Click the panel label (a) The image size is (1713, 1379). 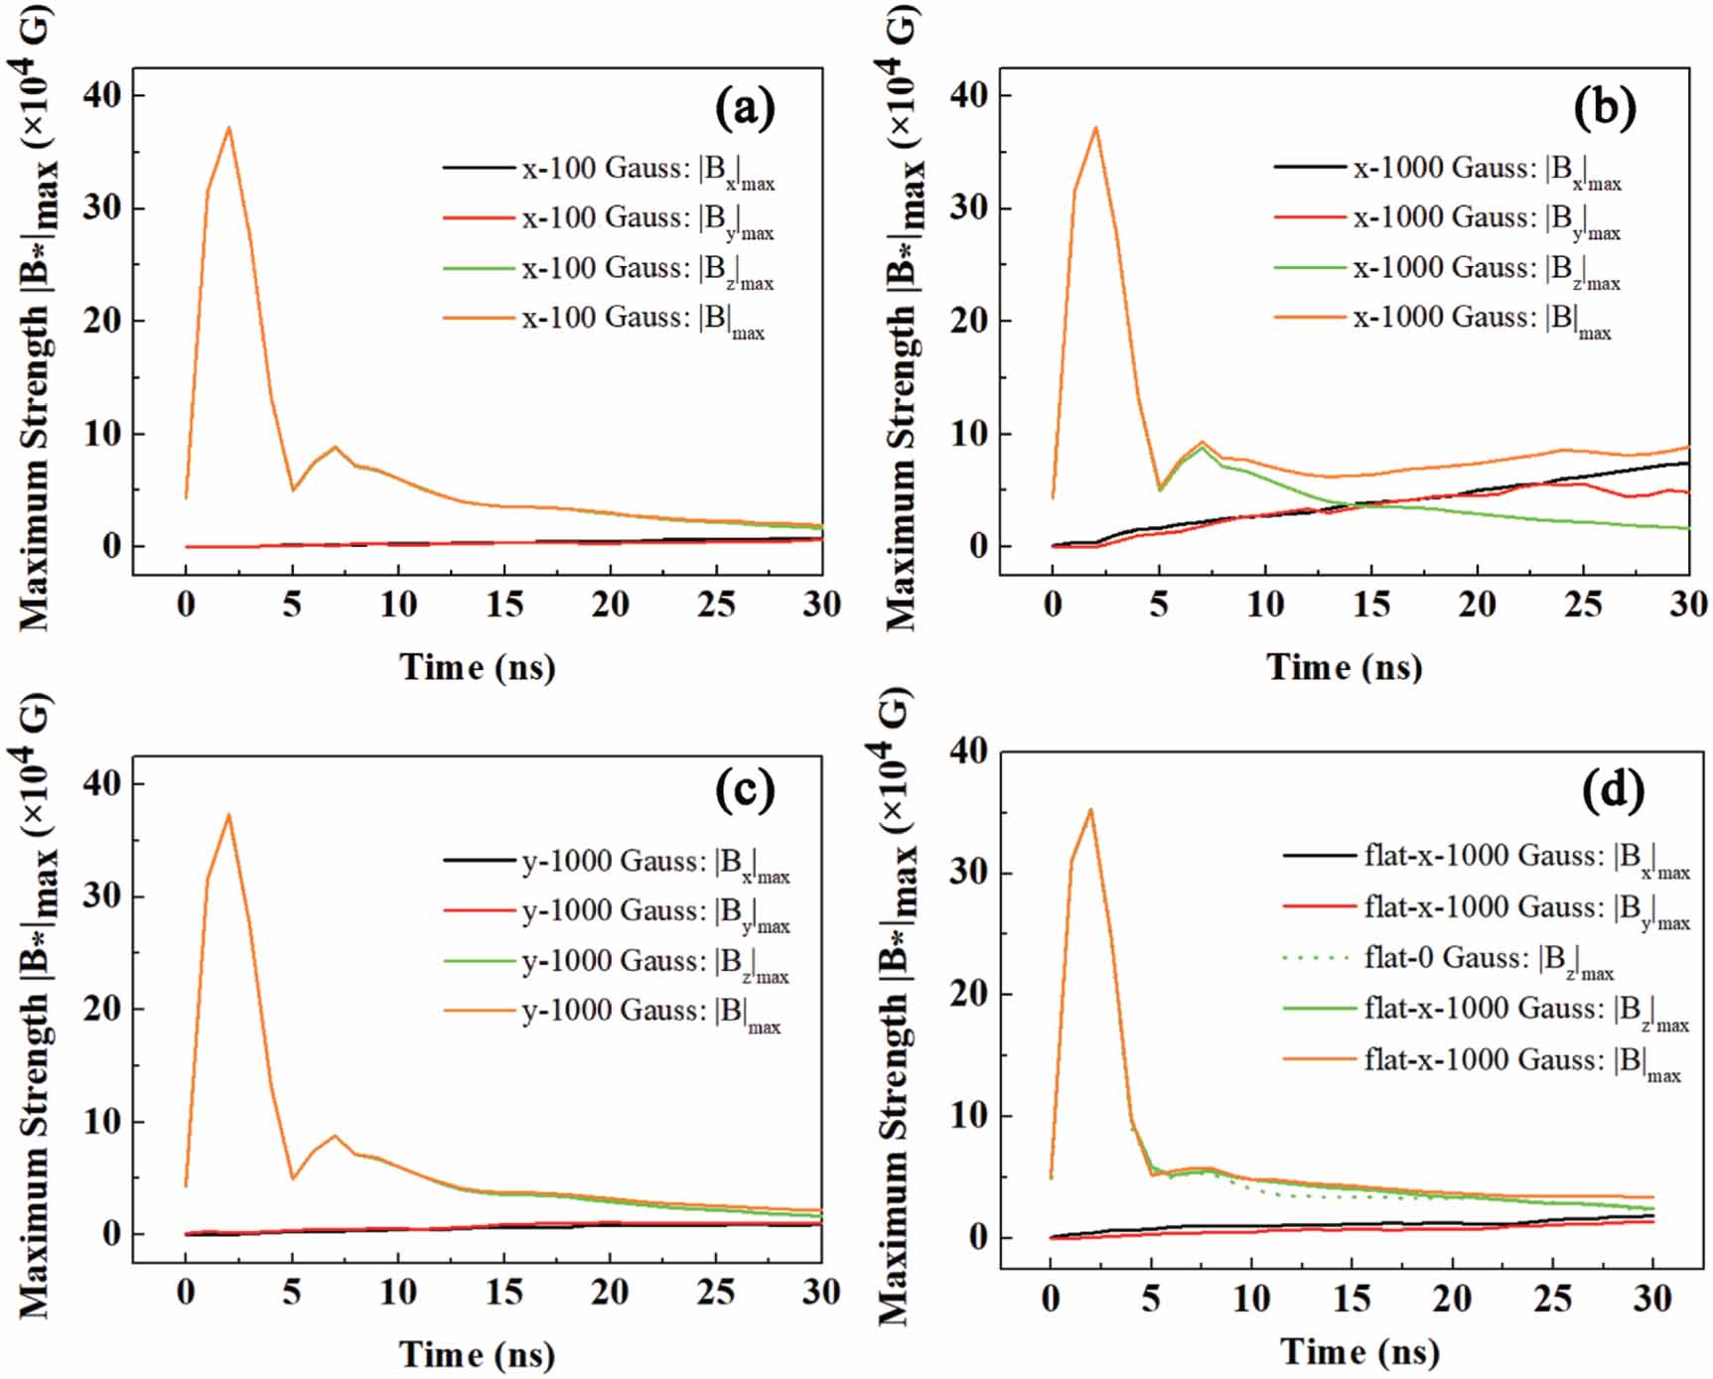(x=744, y=107)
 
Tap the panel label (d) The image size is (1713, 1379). (x=1610, y=790)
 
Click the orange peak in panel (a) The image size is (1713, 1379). (x=229, y=128)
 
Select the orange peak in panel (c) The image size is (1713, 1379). (x=229, y=815)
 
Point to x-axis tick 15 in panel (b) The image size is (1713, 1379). (x=1370, y=604)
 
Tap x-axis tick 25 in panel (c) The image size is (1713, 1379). (x=716, y=1292)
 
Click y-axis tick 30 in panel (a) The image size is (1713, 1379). (x=101, y=207)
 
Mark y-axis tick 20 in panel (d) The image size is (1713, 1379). (x=968, y=994)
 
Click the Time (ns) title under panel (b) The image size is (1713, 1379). (x=1344, y=666)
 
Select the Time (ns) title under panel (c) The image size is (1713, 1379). (x=477, y=1354)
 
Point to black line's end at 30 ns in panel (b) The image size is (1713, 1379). (x=1687, y=463)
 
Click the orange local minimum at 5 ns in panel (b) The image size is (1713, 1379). (x=1159, y=487)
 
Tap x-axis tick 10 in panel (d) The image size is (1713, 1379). (x=1251, y=1298)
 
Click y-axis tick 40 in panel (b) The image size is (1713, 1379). (x=968, y=95)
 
